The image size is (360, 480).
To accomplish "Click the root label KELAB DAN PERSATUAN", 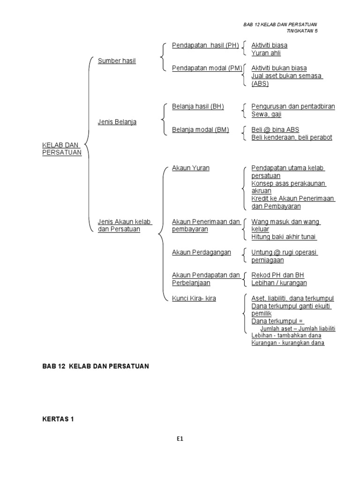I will click(62, 149).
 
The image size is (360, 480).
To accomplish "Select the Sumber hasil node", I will click(117, 61).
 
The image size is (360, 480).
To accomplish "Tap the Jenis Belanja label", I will click(117, 122).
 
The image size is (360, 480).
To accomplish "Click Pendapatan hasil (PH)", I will click(205, 45).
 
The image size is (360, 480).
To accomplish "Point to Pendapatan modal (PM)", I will click(207, 68).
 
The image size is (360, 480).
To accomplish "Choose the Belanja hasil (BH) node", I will click(198, 106).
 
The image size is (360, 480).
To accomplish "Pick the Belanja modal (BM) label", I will click(200, 130).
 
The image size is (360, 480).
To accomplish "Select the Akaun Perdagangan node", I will click(202, 252).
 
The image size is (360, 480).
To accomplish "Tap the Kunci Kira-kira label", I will click(194, 298).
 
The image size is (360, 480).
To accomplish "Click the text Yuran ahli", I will click(266, 53).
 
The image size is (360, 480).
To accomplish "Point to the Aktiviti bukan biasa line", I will click(279, 68).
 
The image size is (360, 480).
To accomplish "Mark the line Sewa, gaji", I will click(266, 114).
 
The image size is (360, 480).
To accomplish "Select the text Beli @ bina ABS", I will click(275, 130).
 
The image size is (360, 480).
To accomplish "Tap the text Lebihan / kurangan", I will click(279, 283).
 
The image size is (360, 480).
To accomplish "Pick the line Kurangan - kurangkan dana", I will click(288, 343).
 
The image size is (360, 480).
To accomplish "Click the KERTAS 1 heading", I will click(59, 420).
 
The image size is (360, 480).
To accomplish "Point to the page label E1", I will click(180, 439).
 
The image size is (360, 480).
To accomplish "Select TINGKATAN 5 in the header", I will click(305, 31).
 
